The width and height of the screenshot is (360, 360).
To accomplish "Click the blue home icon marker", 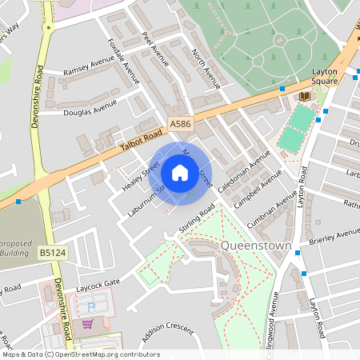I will tap(180, 173).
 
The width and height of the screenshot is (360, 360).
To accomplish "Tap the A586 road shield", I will tap(180, 124).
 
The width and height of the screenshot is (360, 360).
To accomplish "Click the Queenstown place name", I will tap(255, 245).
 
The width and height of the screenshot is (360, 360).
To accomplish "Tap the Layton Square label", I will tap(330, 76).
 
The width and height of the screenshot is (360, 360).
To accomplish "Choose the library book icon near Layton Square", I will tap(304, 96).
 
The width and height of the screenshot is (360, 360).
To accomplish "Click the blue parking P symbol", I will tap(90, 306).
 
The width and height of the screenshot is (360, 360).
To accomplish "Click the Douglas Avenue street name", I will tap(90, 108).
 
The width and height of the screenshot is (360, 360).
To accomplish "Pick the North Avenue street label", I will tap(206, 67).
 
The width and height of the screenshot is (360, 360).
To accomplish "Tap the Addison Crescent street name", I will tap(167, 330).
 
